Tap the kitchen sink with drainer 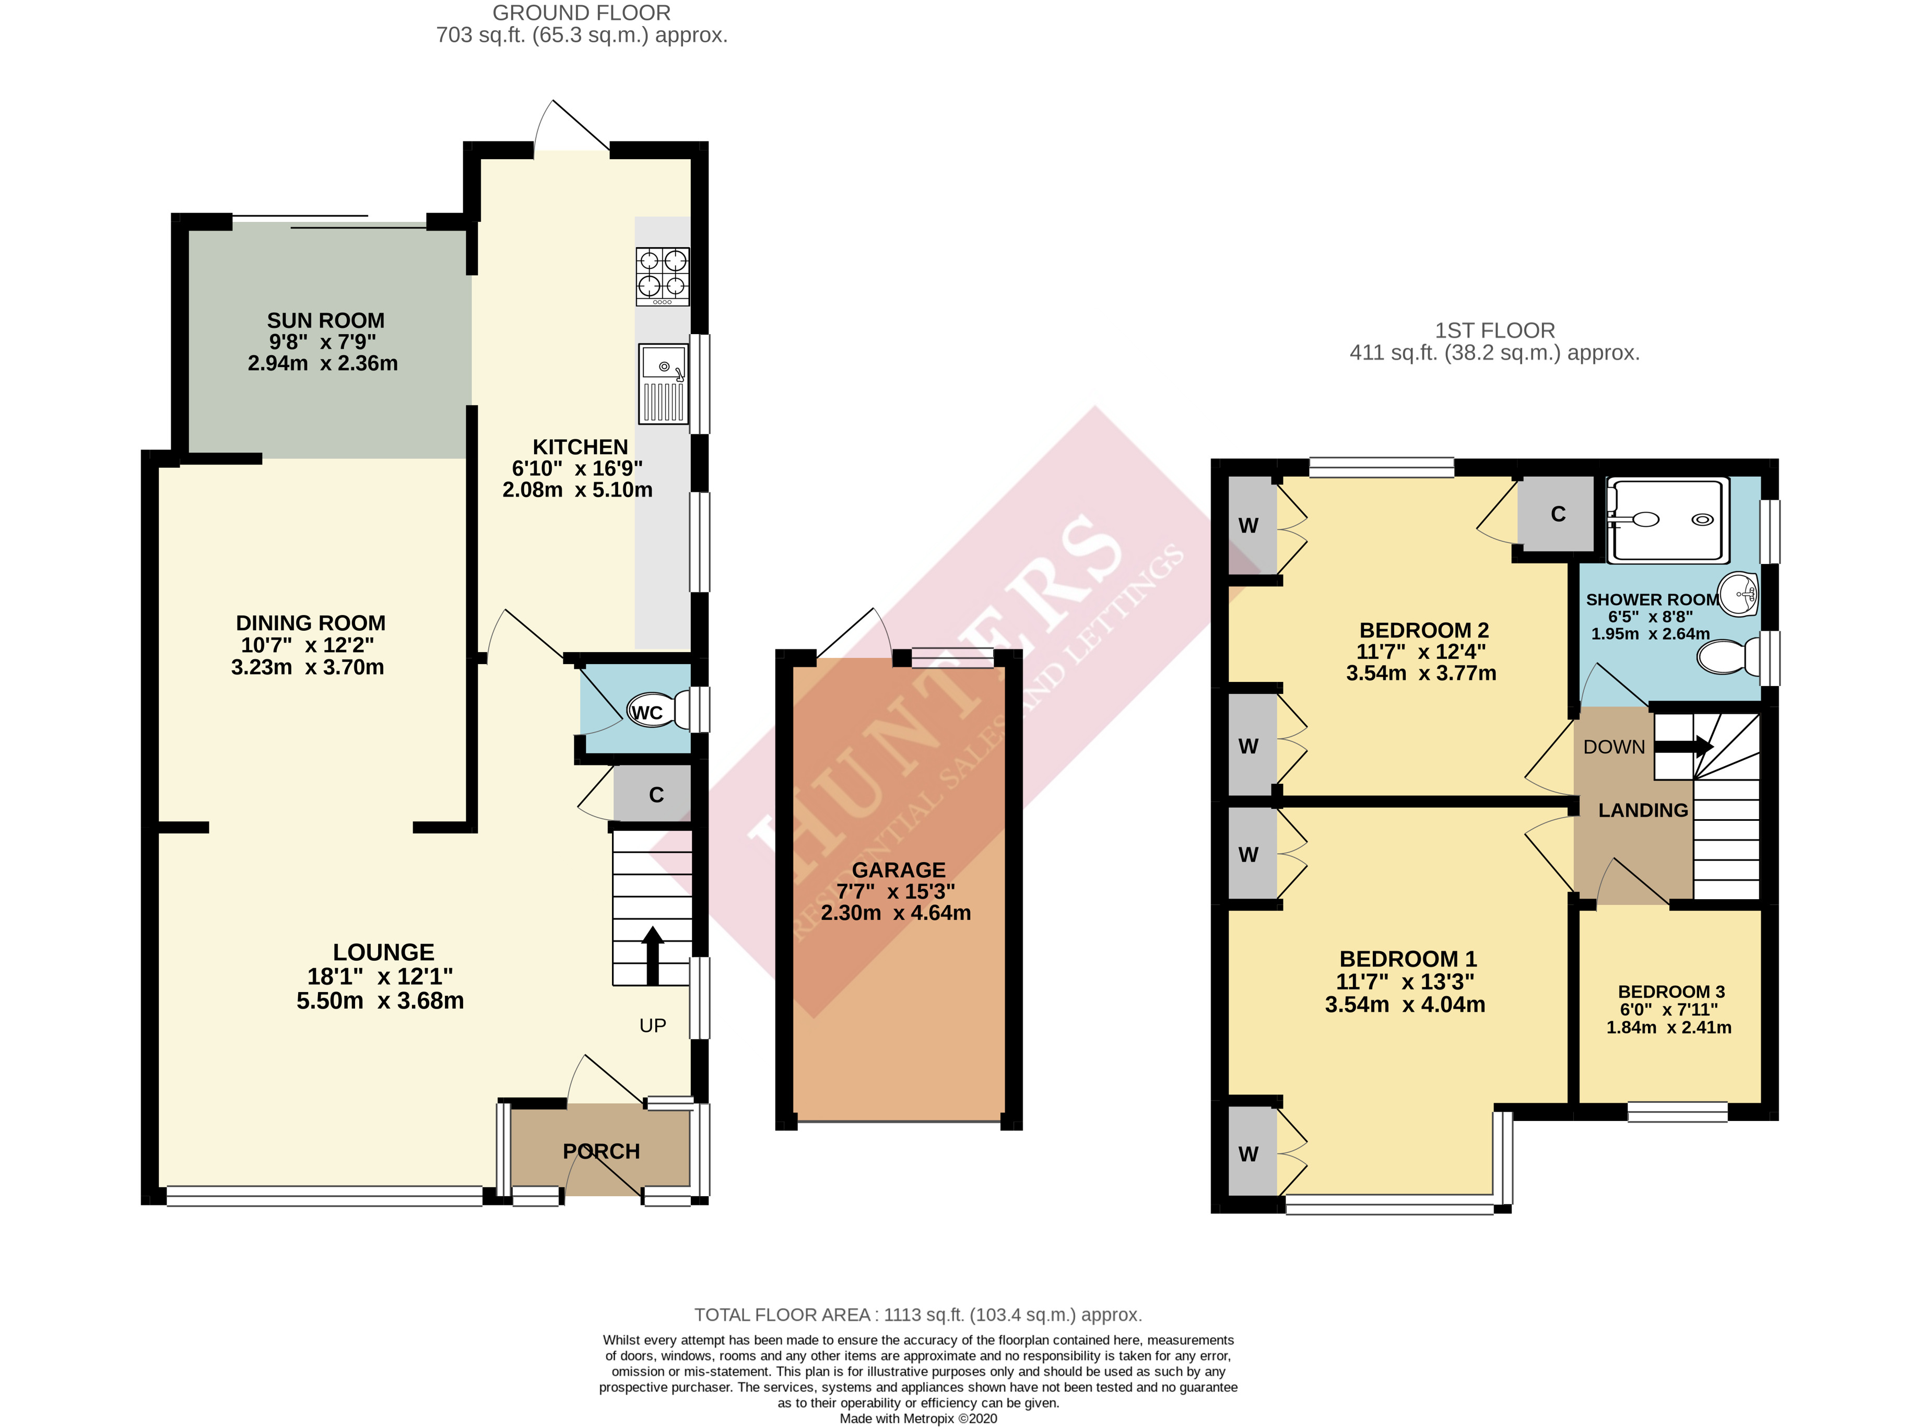point(663,384)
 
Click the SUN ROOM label point(325,321)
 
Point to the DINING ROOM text point(310,623)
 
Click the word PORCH point(601,1151)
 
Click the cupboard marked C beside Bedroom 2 point(1557,514)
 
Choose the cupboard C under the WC point(655,795)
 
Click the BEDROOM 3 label point(1671,992)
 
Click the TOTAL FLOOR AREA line point(918,1315)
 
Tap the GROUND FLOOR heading point(581,13)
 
